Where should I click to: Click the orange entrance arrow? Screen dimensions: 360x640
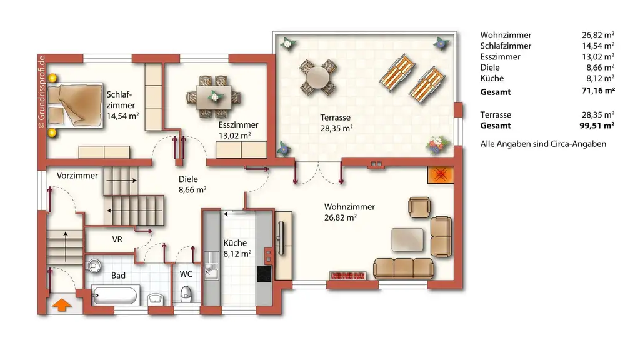coord(61,306)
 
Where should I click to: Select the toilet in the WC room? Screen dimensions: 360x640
coord(186,294)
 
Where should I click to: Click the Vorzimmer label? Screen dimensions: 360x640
coord(77,176)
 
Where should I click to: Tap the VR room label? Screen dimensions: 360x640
coord(117,239)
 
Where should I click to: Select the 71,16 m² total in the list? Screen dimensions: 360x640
coord(597,92)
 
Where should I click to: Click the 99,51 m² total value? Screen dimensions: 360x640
coord(597,125)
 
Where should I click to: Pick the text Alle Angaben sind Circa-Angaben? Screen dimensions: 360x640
coord(543,144)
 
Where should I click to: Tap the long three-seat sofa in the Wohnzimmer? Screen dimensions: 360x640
coord(403,268)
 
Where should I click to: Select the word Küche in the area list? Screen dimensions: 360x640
coord(492,78)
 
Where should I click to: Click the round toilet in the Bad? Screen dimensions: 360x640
coord(94,265)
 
